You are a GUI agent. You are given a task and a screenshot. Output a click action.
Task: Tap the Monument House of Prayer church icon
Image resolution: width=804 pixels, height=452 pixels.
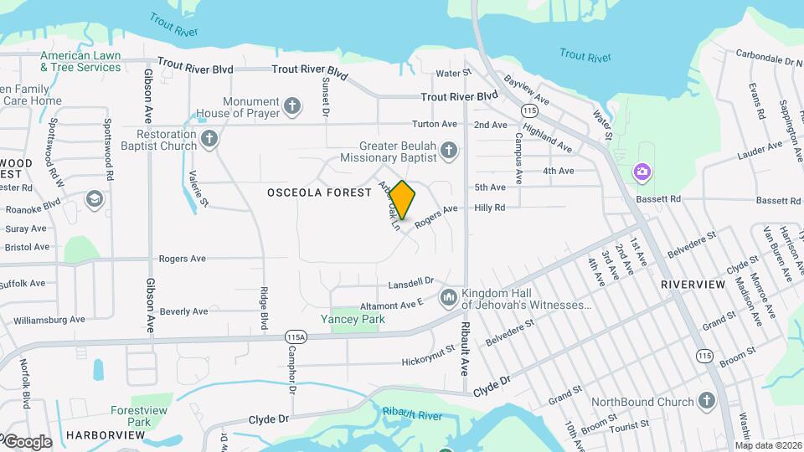[291, 105]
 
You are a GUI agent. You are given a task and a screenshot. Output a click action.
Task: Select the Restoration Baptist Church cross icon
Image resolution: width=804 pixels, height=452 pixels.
[209, 139]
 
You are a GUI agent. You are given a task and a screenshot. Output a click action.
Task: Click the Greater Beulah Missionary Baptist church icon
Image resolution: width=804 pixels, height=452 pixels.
[449, 151]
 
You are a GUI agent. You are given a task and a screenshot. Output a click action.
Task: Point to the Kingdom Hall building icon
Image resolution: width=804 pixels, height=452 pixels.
[448, 297]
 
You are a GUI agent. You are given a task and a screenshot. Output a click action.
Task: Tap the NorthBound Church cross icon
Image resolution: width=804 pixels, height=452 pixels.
[707, 402]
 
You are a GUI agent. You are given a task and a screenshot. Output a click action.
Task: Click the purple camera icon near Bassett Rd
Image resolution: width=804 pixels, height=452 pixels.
[642, 172]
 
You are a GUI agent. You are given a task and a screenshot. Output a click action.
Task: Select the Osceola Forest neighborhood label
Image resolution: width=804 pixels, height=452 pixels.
[319, 193]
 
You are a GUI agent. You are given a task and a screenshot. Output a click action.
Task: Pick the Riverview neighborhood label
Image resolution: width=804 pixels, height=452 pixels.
[693, 285]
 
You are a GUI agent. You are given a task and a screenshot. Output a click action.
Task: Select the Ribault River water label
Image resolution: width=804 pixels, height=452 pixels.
[411, 413]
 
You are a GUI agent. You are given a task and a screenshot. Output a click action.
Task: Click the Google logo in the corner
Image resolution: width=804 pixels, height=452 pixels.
[27, 441]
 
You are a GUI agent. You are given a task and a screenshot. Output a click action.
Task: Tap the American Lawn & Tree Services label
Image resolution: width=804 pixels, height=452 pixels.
[80, 61]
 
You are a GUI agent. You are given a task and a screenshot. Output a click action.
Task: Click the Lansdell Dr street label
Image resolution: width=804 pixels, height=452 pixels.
[410, 281]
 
